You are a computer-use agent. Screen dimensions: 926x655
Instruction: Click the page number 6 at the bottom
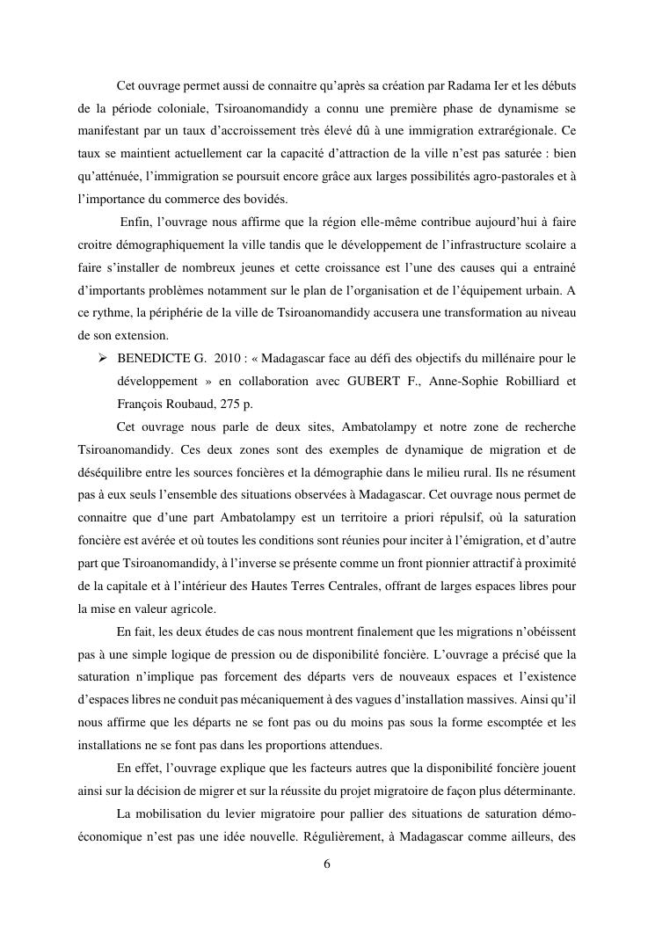point(327,864)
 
